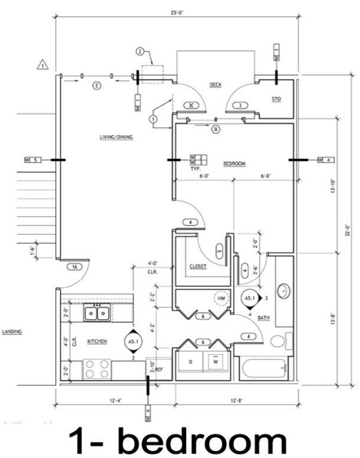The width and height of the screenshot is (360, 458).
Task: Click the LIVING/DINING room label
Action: tap(116, 137)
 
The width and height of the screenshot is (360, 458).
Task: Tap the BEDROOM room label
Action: tap(234, 163)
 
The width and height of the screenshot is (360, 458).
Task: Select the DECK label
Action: tap(216, 85)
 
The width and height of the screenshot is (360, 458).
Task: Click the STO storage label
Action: tap(276, 98)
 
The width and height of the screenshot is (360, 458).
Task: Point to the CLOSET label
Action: tap(198, 266)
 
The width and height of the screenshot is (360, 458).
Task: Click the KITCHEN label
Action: tap(97, 341)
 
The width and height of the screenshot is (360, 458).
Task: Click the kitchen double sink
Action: tap(96, 312)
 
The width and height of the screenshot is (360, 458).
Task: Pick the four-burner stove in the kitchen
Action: tap(96, 368)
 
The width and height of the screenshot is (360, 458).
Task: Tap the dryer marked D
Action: tap(190, 363)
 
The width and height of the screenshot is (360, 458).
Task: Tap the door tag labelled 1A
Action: tap(75, 267)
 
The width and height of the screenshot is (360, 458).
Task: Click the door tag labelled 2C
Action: tap(192, 105)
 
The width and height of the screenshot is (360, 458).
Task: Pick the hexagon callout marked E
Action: tap(96, 86)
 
